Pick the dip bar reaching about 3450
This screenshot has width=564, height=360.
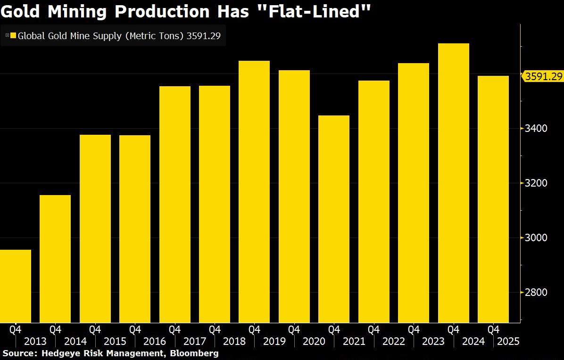pos(334,219)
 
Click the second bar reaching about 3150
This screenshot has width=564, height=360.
pos(55,259)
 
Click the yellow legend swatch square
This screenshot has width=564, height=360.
pos(13,36)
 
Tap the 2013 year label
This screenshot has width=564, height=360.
pos(35,342)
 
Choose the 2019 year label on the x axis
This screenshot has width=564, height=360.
pos(274,342)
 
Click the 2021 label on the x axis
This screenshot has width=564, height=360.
pos(353,342)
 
